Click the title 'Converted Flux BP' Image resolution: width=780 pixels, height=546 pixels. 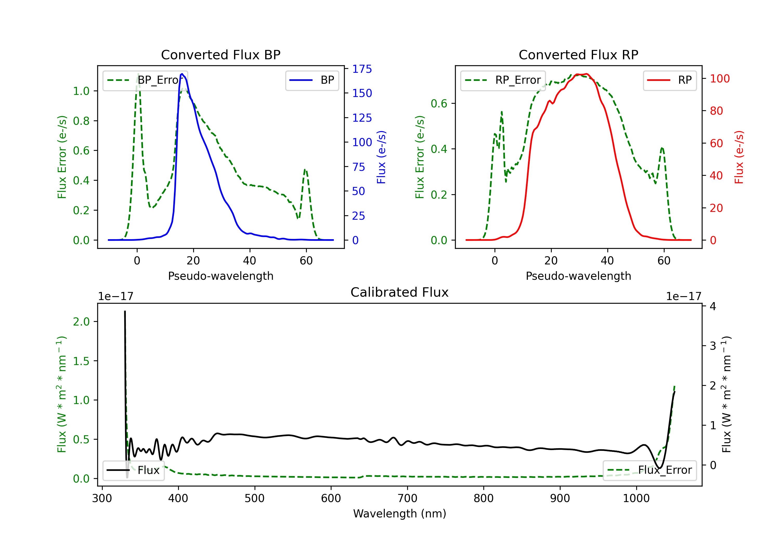(x=220, y=55)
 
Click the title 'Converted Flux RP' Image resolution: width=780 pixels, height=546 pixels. (x=578, y=55)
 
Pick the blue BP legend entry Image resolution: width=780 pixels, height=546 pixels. (x=312, y=80)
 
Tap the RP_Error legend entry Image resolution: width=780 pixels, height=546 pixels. (x=503, y=80)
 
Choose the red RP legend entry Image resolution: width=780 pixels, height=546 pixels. (x=669, y=80)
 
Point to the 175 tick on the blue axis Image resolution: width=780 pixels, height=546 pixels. (x=362, y=69)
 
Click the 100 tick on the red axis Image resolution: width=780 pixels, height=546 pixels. (x=719, y=79)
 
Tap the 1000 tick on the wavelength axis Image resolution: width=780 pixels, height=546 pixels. (x=636, y=498)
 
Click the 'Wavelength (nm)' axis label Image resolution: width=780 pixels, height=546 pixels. (x=400, y=513)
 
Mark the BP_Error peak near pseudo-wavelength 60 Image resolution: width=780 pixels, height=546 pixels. (x=305, y=170)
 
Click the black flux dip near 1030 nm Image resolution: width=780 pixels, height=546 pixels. (x=659, y=468)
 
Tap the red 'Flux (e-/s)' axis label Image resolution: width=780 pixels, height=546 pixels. (x=739, y=157)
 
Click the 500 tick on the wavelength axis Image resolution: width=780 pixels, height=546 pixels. (x=255, y=498)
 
